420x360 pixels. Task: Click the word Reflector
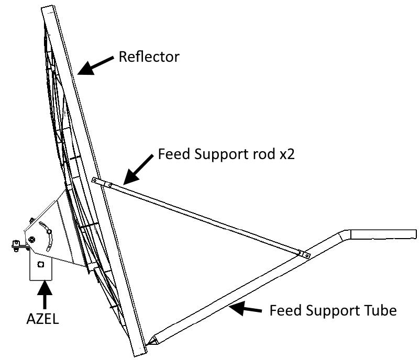[x=149, y=57]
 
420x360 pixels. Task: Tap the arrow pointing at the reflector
[x=97, y=65]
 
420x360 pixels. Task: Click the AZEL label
[x=43, y=319]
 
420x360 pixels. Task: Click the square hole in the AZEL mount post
[x=42, y=265]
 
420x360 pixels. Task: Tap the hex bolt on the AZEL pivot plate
[x=32, y=239]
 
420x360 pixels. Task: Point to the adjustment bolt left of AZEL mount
[x=16, y=245]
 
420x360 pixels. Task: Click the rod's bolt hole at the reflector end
[x=95, y=181]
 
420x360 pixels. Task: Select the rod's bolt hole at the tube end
[x=307, y=256]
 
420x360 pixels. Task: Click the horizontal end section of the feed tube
[x=382, y=234]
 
